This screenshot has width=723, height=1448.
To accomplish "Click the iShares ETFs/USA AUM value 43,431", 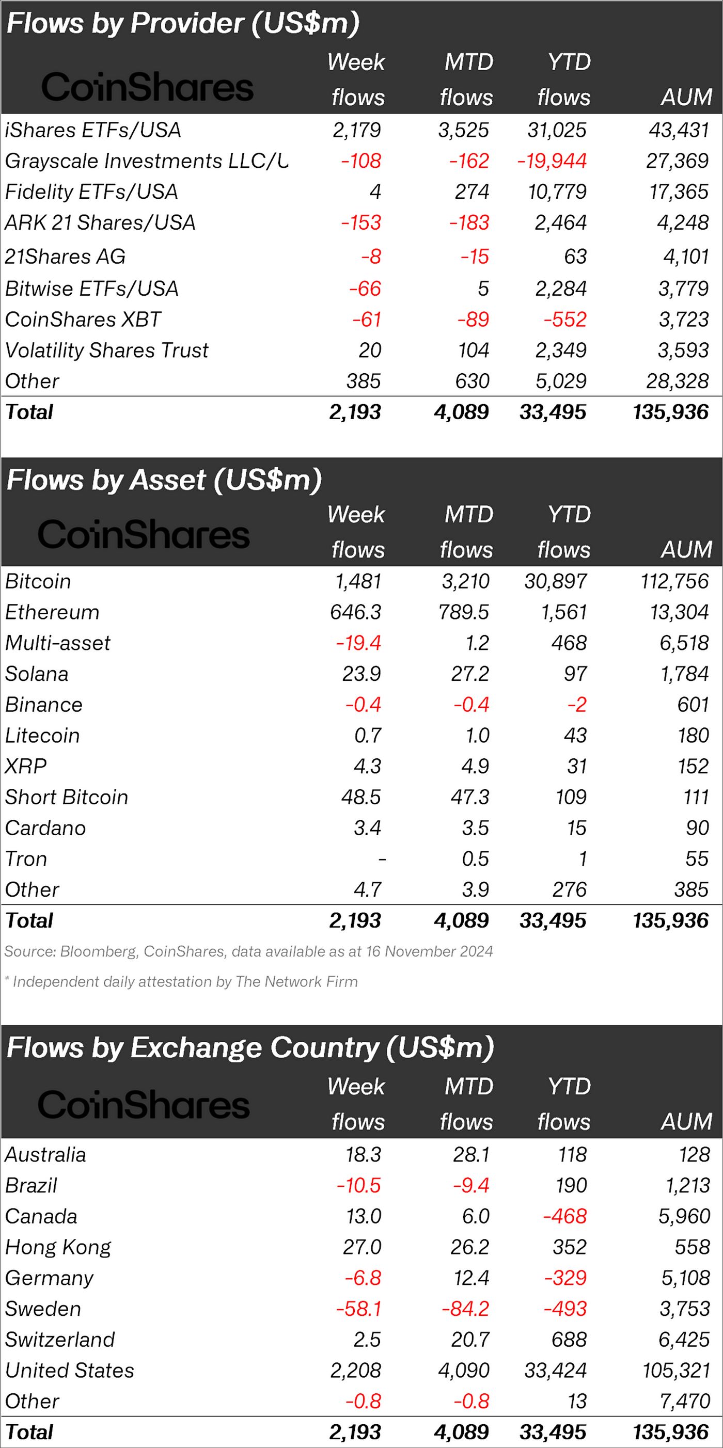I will pos(679,131).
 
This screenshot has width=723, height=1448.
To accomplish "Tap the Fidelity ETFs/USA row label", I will pos(91,192).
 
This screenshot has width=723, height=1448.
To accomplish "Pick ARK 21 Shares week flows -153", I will pos(361,222).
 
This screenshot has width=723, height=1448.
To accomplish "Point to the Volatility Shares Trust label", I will pos(106,350).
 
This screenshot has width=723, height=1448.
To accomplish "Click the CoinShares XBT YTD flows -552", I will pos(564,319).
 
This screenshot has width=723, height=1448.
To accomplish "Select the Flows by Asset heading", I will pos(164,480).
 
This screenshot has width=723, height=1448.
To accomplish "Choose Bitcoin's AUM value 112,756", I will pos(674,581).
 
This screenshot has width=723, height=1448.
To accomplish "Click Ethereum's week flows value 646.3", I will pos(355,612).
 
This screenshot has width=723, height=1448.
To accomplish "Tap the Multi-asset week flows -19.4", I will pos(358,643).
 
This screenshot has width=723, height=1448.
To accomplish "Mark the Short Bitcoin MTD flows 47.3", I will pos(469,797).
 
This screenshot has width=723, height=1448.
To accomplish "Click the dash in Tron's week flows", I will pos(382,859).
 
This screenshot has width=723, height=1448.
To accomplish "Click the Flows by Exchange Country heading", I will pos(250,1048).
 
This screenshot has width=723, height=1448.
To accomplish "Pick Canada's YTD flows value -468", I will pos(564,1216).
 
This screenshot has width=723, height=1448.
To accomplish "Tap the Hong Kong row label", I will pos(58,1247).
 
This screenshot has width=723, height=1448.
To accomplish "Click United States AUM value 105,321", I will pos(677,1371).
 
